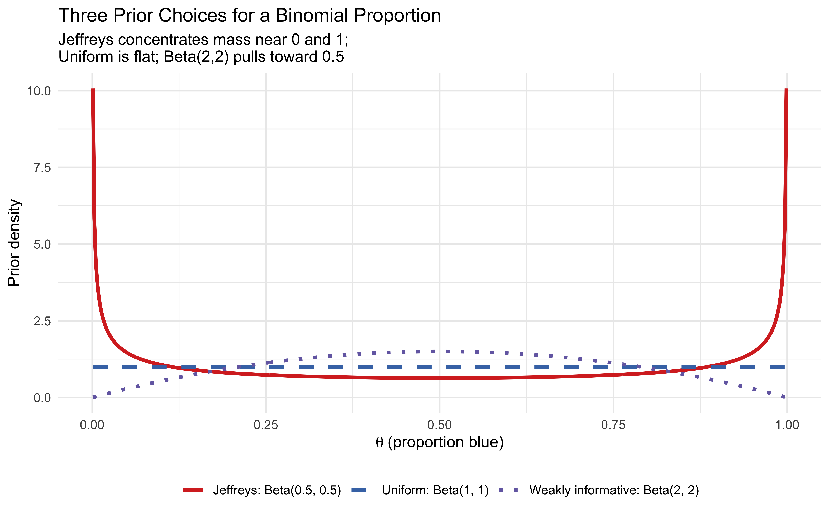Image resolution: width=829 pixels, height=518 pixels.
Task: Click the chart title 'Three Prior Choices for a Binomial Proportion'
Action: (249, 16)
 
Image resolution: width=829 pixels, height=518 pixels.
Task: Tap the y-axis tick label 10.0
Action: (39, 91)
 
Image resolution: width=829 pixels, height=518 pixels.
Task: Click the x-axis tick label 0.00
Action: (92, 425)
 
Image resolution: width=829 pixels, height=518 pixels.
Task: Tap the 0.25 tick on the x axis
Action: (266, 425)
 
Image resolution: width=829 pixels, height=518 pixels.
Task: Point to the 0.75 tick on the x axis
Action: (613, 425)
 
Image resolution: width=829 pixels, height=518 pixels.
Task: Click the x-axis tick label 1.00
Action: (787, 425)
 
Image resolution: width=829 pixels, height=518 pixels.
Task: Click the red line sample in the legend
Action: (193, 490)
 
